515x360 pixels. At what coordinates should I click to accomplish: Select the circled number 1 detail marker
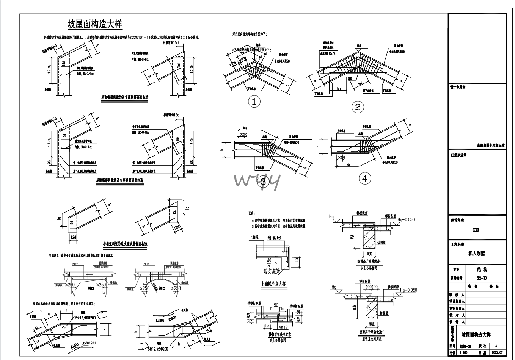click(x=254, y=102)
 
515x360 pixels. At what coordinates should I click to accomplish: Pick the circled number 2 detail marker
click(x=357, y=107)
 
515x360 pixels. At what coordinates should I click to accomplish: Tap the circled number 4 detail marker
click(x=365, y=178)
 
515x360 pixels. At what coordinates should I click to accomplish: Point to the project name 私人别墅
click(x=477, y=254)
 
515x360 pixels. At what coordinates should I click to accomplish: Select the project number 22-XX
click(x=482, y=278)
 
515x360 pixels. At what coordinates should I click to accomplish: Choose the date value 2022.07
click(x=497, y=352)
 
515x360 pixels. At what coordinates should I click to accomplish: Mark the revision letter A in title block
click(x=496, y=346)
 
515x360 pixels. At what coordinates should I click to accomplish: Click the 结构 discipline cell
click(x=482, y=269)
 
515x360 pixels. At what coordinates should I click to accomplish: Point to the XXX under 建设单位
click(x=476, y=230)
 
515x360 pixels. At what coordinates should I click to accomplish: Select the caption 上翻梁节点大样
click(x=273, y=284)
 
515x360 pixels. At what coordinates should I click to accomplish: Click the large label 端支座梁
click(x=272, y=272)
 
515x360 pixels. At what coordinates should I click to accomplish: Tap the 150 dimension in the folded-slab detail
click(x=275, y=305)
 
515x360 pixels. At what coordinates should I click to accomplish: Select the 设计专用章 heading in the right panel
click(x=458, y=88)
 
